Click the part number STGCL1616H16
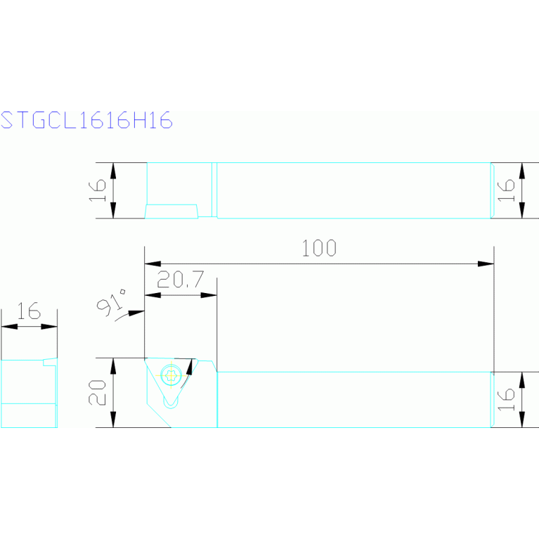[86, 120]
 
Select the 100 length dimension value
[319, 248]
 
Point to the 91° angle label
[112, 304]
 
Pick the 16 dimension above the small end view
[29, 311]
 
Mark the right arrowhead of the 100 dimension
[486, 264]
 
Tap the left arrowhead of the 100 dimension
[152, 264]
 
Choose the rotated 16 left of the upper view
[98, 190]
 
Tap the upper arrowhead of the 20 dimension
[114, 364]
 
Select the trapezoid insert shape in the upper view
[171, 211]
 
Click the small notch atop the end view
[49, 362]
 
